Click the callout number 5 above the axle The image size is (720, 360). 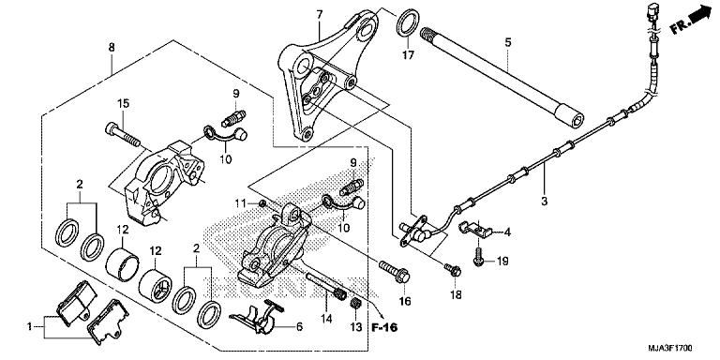coord(507,42)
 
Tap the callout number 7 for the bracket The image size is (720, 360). coord(319,15)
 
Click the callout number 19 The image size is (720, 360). coord(502,262)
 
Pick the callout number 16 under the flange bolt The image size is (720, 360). coord(405,301)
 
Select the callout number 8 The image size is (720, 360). coord(112,47)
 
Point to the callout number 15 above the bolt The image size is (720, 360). coord(122,102)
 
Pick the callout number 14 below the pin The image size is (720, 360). coord(327,320)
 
